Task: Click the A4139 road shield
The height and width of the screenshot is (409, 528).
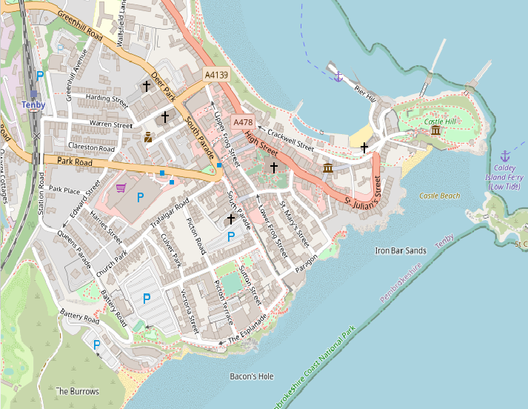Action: pyautogui.click(x=217, y=76)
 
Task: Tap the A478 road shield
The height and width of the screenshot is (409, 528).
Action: pyautogui.click(x=243, y=122)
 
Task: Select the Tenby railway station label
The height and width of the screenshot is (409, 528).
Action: pyautogui.click(x=34, y=105)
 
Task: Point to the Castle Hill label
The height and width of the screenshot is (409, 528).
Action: pyautogui.click(x=441, y=122)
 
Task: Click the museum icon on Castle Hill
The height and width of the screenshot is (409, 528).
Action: pyautogui.click(x=435, y=131)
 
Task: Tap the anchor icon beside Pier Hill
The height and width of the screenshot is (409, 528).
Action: pyautogui.click(x=338, y=76)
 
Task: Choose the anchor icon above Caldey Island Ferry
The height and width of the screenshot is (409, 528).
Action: pyautogui.click(x=505, y=156)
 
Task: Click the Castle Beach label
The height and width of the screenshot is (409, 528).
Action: pyautogui.click(x=440, y=196)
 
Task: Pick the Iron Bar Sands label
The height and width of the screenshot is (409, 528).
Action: pyautogui.click(x=401, y=251)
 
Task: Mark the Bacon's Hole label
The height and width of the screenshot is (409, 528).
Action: pyautogui.click(x=252, y=376)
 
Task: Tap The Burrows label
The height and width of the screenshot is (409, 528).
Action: pyautogui.click(x=77, y=390)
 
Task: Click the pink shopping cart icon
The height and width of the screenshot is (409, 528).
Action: pyautogui.click(x=121, y=189)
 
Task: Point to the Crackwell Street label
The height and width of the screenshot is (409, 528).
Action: pyautogui.click(x=291, y=136)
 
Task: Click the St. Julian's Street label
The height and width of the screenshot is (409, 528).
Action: pyautogui.click(x=362, y=191)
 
